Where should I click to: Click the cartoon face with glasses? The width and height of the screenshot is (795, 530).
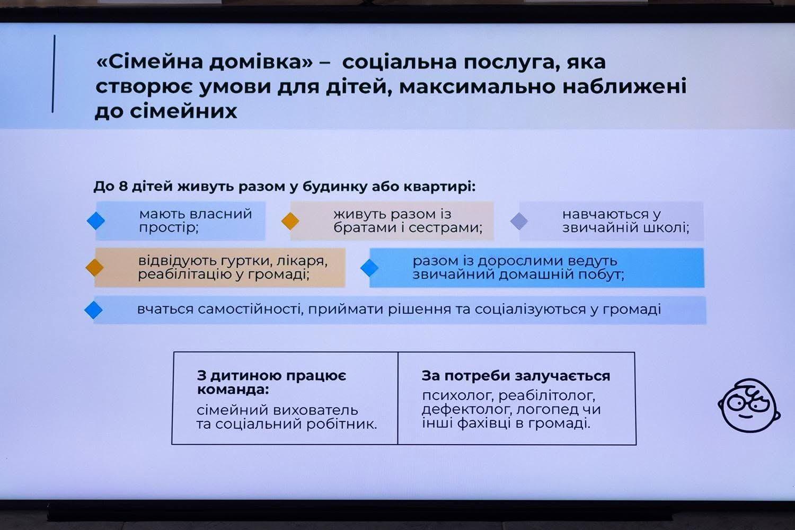tap(749, 405)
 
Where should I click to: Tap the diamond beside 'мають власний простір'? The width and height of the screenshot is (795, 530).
tap(96, 221)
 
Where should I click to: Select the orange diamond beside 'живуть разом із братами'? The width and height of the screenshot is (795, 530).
tap(290, 221)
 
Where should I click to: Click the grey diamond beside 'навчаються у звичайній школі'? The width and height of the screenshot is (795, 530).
tap(519, 221)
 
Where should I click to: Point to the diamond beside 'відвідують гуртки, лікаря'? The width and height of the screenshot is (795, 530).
tap(95, 267)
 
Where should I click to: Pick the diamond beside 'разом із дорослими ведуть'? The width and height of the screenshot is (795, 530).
tap(369, 268)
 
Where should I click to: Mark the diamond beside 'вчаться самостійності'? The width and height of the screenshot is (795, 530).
tap(94, 310)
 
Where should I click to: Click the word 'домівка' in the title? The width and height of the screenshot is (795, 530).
tap(261, 63)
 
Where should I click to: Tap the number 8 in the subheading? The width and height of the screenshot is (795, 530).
tap(123, 186)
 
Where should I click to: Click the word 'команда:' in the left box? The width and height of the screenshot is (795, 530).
tap(233, 390)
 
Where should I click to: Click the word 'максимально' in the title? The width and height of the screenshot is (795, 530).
tap(477, 87)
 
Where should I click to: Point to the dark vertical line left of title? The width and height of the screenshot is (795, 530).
tap(54, 74)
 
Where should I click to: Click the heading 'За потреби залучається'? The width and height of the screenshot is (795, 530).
tap(516, 376)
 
